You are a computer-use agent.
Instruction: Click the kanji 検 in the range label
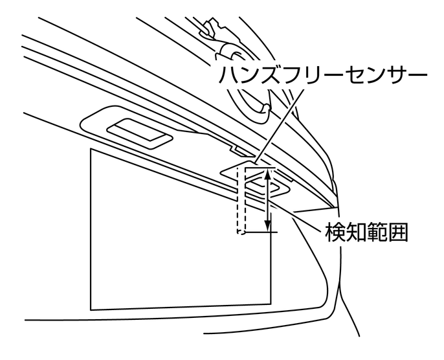[x=336, y=232]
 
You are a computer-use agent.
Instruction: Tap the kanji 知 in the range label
[x=360, y=232]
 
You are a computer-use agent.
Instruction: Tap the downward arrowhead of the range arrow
[x=269, y=226]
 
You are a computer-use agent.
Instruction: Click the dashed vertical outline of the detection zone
[x=239, y=201]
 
